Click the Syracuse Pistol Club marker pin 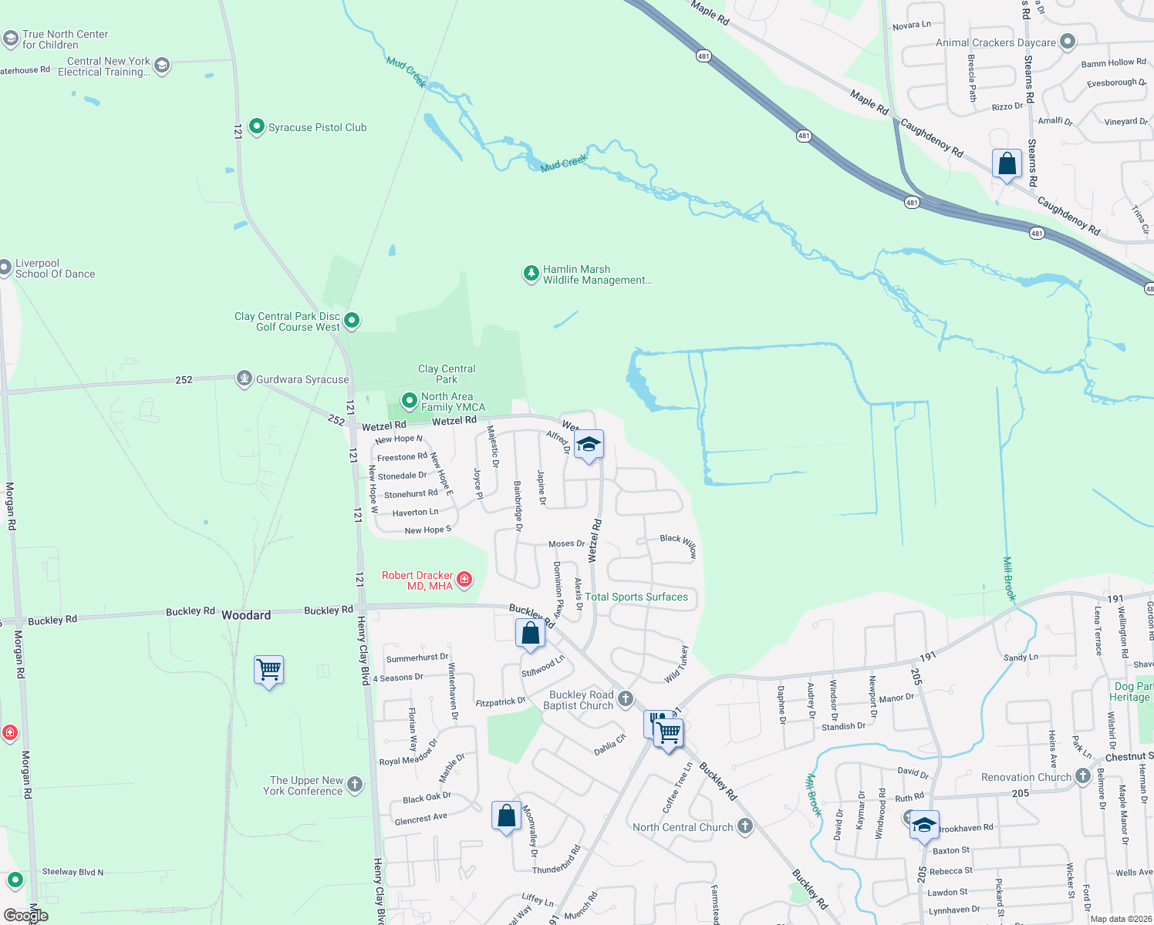pos(258,128)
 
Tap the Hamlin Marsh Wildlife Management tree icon pos(531,274)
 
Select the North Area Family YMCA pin pos(410,401)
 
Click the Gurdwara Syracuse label pos(302,379)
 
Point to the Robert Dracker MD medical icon pos(464,580)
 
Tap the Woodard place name pos(246,615)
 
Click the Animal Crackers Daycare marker pos(1068,42)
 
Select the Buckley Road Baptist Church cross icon pos(626,699)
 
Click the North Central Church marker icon pos(744,826)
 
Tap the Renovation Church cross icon pos(1083,776)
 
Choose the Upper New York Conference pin pos(355,785)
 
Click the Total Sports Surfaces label pos(636,597)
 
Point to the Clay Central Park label pos(447,374)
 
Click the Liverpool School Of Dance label pos(56,268)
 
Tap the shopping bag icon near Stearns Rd pos(1007,164)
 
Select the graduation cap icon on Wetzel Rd pos(589,445)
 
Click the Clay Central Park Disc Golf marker pos(352,320)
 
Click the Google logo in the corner pos(25,916)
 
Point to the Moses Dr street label pos(566,543)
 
